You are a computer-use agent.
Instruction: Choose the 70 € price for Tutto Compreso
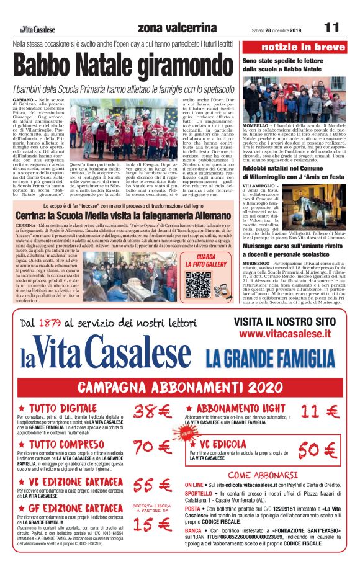pos(152,447)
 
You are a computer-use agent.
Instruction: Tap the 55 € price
pos(151,485)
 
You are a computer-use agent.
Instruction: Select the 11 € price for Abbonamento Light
pos(322,411)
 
